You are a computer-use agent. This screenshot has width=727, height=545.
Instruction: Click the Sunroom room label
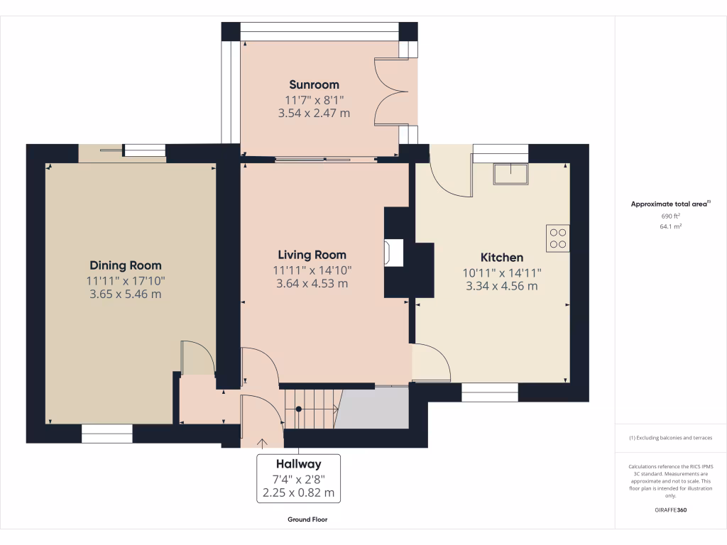pyautogui.click(x=314, y=84)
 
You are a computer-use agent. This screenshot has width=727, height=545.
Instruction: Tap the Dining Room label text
pyautogui.click(x=126, y=265)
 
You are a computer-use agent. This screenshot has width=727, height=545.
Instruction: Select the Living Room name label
pyautogui.click(x=312, y=255)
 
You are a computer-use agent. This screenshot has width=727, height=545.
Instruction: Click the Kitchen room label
pyautogui.click(x=502, y=258)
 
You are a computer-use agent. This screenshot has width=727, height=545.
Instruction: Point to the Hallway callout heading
pyautogui.click(x=298, y=465)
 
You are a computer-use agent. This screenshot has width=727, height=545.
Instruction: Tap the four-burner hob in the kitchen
pyautogui.click(x=557, y=238)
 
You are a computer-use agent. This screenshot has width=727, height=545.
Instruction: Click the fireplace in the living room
pyautogui.click(x=393, y=253)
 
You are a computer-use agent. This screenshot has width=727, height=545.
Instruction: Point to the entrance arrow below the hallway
pyautogui.click(x=261, y=444)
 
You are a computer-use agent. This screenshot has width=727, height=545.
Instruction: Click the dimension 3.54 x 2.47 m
pyautogui.click(x=314, y=113)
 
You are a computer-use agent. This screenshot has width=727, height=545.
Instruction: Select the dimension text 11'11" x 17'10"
pyautogui.click(x=126, y=280)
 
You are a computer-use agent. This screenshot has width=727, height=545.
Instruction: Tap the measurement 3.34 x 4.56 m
pyautogui.click(x=502, y=286)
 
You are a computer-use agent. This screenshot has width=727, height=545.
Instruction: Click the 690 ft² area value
pyautogui.click(x=670, y=215)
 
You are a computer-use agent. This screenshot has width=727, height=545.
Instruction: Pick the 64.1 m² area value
pyautogui.click(x=670, y=226)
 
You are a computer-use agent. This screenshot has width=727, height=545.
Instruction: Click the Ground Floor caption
pyautogui.click(x=307, y=519)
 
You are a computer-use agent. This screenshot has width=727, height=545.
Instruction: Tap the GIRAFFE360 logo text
pyautogui.click(x=670, y=510)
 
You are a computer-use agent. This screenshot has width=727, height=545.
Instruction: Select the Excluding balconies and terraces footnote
pyautogui.click(x=670, y=438)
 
